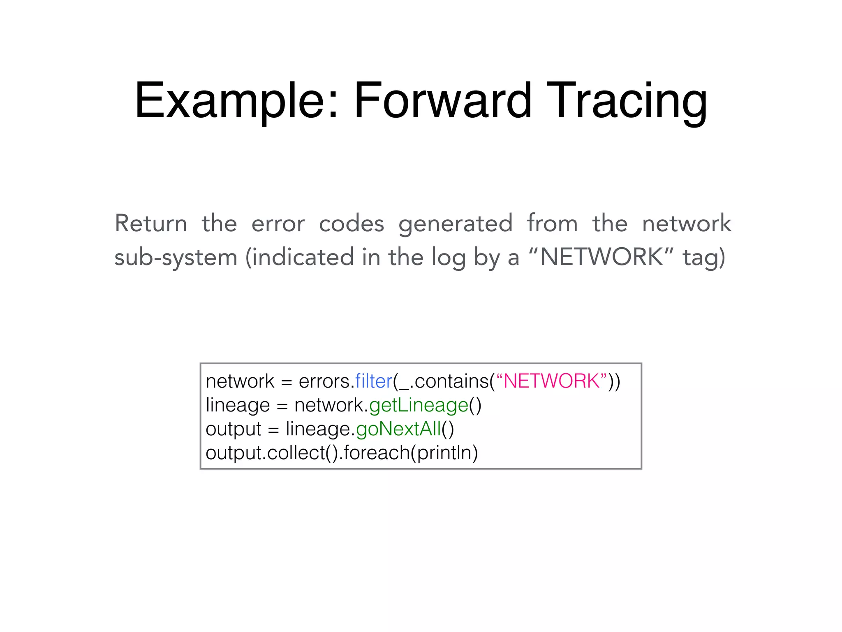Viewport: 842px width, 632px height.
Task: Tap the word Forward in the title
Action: tap(443, 101)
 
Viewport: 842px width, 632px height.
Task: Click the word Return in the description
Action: tap(151, 223)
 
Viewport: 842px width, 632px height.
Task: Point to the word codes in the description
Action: tap(352, 223)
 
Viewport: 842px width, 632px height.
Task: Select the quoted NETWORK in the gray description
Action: tap(601, 257)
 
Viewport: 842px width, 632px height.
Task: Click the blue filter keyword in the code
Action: tap(374, 381)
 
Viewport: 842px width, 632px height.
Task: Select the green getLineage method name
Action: tap(419, 405)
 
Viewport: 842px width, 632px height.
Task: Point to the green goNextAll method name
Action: tap(398, 429)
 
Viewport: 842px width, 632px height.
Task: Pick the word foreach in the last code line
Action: tap(377, 453)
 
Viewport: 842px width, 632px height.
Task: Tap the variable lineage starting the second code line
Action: tap(238, 405)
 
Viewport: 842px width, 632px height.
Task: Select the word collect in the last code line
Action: tap(296, 453)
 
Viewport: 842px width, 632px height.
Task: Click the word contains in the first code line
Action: tap(451, 381)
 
